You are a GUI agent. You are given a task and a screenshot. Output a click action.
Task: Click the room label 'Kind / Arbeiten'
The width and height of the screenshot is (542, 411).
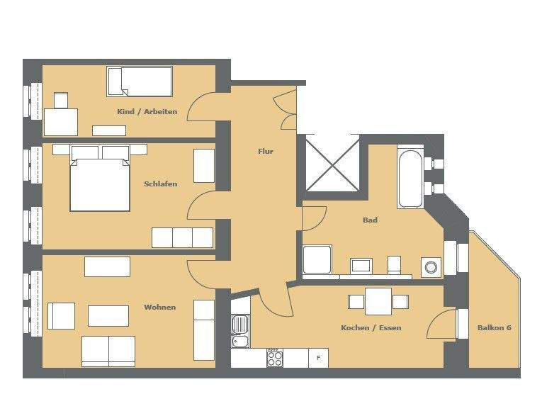147,112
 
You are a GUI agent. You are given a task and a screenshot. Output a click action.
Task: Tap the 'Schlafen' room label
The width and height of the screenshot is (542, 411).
160,184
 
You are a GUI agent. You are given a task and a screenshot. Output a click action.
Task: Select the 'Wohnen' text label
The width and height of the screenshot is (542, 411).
159,307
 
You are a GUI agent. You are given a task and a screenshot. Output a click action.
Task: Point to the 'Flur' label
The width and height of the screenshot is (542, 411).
265,151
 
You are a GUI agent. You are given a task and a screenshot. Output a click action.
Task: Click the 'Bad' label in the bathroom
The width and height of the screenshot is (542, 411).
369,220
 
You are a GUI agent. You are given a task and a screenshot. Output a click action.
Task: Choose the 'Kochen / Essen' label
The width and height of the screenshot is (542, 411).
371,328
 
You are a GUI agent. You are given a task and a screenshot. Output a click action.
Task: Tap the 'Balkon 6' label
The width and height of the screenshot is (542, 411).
494,328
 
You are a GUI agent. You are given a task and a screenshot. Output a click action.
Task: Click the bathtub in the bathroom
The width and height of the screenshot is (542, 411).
410,176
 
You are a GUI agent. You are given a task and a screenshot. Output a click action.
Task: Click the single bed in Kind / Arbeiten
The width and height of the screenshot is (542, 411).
140,81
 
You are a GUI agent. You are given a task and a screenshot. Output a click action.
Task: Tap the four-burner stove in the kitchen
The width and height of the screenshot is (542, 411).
274,358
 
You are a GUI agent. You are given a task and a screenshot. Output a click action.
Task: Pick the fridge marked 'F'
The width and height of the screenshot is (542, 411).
318,358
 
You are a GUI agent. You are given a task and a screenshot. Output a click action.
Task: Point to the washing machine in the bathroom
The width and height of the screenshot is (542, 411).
430,267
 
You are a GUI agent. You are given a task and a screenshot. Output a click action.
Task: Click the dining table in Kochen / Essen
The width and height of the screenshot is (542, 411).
378,301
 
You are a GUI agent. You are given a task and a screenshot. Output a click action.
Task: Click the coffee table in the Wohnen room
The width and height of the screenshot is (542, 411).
108,315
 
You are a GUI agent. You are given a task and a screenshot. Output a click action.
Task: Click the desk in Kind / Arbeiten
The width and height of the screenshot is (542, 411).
61,121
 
